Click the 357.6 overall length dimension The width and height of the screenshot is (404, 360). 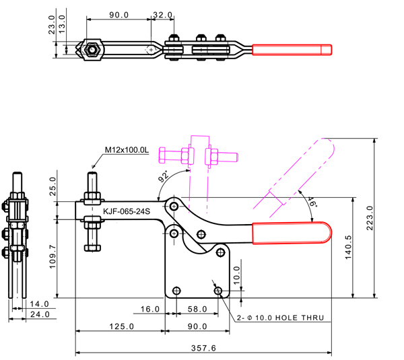[x=203, y=347]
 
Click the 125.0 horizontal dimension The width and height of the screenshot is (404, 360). [x=122, y=326]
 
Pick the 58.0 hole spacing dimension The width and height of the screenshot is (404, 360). [x=197, y=309]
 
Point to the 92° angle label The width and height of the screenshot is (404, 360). [x=163, y=178]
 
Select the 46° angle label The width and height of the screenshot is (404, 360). [x=312, y=201]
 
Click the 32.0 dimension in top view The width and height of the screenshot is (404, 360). [x=163, y=14]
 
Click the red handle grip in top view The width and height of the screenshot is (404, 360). [x=292, y=50]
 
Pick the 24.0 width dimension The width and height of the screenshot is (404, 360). [x=40, y=314]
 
